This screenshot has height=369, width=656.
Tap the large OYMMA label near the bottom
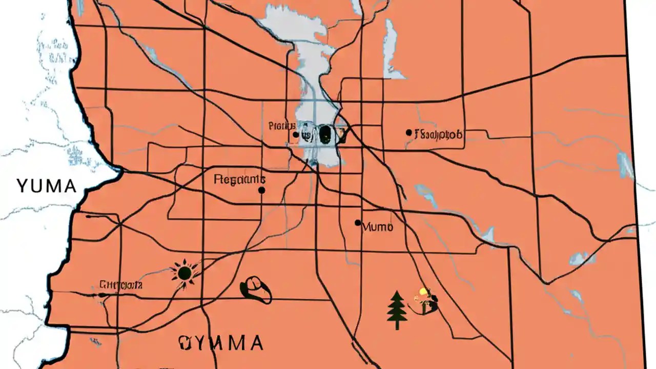pos(221,342)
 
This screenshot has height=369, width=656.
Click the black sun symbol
pos(183,272)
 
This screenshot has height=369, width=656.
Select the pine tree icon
pos(397,310)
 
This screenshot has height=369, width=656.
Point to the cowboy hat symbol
pos(256,290)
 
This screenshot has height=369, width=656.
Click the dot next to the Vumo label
pos(358,222)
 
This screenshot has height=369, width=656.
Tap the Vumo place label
pos(378,227)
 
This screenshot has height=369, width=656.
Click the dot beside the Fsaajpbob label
pos(408,132)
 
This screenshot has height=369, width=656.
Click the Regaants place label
pos(239,179)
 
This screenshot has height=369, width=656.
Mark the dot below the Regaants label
pos(261,190)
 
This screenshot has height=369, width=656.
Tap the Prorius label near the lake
pos(281,126)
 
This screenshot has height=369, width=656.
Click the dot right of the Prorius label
pos(296,135)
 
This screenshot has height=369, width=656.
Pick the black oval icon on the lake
pos(324,134)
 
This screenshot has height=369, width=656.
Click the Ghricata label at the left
pos(121,284)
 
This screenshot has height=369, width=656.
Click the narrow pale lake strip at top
pos(391,46)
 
